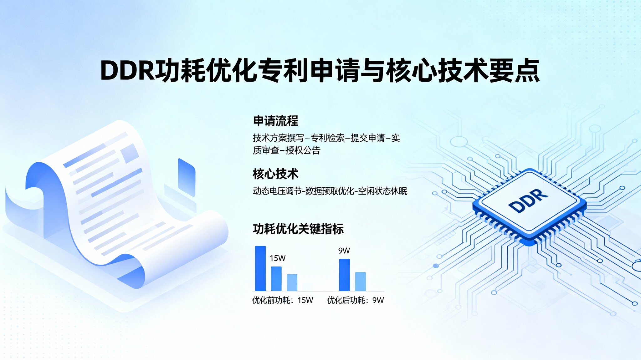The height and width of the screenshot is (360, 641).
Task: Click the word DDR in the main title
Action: [x=128, y=71]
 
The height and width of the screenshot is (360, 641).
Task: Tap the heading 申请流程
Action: [x=275, y=121]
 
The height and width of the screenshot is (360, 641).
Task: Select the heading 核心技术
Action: [x=275, y=174]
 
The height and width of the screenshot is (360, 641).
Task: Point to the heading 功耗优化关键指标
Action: [x=298, y=229]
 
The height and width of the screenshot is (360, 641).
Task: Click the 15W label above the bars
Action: [x=278, y=258]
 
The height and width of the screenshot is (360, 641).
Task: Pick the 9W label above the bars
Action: [x=344, y=251]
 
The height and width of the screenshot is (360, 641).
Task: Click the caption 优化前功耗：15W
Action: [x=283, y=300]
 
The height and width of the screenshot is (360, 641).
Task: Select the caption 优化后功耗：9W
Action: [x=356, y=300]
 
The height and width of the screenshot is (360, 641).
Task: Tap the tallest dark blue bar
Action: [x=260, y=269]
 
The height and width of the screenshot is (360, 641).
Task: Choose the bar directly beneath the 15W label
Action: [x=276, y=279]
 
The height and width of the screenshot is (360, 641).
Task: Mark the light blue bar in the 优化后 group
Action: [x=361, y=282]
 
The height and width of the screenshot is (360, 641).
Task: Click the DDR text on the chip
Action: [x=528, y=200]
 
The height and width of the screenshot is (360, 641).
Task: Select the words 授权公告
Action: [x=303, y=150]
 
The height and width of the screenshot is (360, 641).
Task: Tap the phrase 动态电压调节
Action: [x=277, y=191]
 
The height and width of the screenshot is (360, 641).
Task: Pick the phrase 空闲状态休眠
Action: [x=383, y=191]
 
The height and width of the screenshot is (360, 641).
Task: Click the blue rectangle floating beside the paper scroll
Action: [x=187, y=177]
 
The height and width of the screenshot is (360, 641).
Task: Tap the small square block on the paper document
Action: [x=130, y=153]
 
